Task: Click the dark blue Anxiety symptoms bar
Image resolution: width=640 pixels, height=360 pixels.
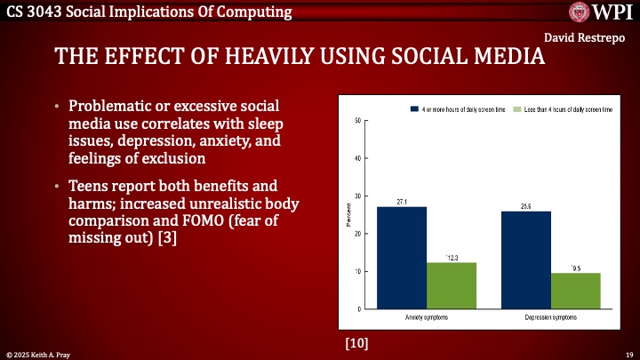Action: click(402, 258)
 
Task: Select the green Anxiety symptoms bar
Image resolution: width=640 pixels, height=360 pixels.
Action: click(452, 285)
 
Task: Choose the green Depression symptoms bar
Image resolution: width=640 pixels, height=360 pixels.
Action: click(576, 291)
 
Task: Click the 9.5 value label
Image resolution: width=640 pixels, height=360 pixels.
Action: click(576, 268)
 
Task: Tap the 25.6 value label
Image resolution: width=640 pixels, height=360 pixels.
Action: click(526, 207)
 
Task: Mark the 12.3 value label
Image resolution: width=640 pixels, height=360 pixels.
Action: click(452, 258)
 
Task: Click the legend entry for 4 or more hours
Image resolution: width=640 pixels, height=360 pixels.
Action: click(458, 108)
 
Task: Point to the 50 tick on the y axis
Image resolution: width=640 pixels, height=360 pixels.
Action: click(356, 121)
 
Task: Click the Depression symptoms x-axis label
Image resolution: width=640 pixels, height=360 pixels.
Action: click(551, 316)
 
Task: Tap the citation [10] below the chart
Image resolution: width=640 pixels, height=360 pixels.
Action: click(356, 341)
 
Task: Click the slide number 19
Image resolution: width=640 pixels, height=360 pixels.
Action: click(628, 354)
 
